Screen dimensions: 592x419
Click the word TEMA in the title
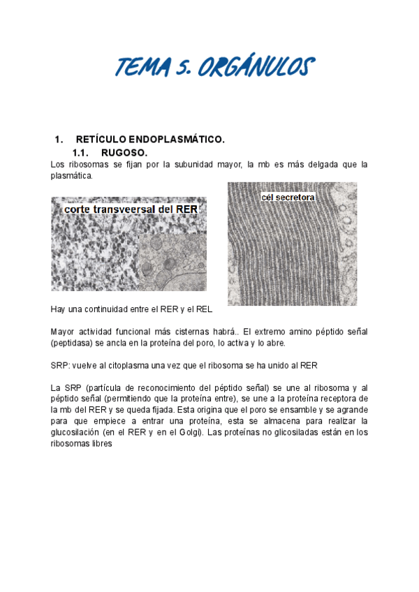click(145, 68)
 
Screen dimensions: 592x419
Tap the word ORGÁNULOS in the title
click(257, 68)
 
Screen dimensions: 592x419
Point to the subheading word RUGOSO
click(124, 152)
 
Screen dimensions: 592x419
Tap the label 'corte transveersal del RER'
click(131, 209)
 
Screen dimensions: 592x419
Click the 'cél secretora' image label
click(288, 198)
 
